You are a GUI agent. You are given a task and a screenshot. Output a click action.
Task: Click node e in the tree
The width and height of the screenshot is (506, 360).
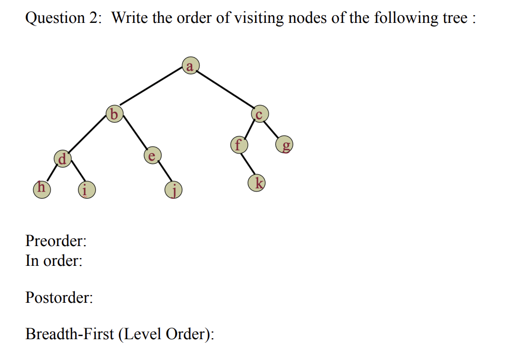(151, 156)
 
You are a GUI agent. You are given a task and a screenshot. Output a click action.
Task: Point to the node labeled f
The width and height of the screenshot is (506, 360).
(238, 144)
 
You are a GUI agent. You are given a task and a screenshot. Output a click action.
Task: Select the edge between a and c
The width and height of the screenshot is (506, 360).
(225, 90)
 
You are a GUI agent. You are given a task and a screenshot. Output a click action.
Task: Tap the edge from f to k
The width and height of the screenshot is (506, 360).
(248, 164)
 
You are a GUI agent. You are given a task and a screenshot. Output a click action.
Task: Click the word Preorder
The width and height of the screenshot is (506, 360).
(55, 241)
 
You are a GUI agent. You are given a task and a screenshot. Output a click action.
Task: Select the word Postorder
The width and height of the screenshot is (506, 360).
(59, 298)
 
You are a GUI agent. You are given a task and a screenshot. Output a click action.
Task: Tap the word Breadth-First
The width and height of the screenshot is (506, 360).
(69, 333)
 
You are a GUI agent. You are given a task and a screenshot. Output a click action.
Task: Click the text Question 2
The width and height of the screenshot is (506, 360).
(63, 18)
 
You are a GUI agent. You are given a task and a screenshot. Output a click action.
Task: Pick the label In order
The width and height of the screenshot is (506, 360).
(54, 261)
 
